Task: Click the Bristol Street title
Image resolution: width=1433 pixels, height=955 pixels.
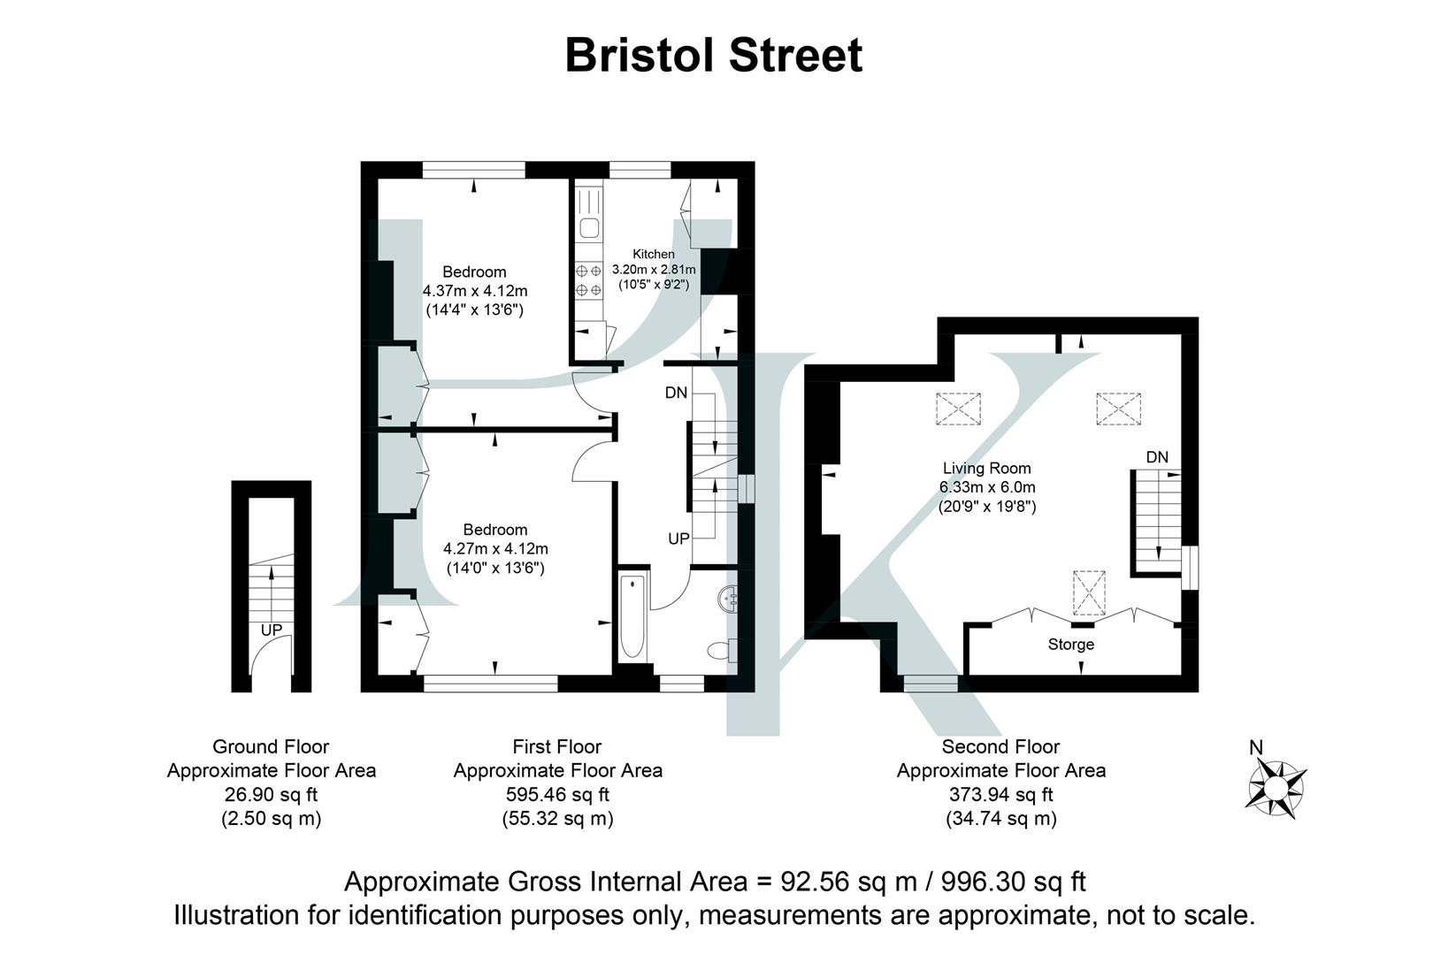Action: click(x=713, y=55)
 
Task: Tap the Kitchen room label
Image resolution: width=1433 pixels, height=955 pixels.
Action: click(x=653, y=254)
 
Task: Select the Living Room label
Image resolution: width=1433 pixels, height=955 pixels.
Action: click(x=986, y=469)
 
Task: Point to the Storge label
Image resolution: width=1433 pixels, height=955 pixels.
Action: click(x=1070, y=645)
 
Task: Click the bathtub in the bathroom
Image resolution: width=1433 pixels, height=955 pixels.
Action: click(x=632, y=616)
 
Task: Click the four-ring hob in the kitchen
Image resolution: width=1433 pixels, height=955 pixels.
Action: click(x=588, y=280)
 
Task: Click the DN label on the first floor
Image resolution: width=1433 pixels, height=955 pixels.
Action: click(x=676, y=393)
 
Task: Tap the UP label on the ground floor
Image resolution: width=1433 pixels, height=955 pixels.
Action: click(x=272, y=630)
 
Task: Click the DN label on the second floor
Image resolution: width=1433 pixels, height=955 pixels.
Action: click(x=1157, y=458)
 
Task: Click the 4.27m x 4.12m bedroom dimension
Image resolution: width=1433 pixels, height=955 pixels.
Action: click(x=495, y=549)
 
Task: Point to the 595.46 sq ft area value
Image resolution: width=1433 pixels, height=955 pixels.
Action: click(x=557, y=794)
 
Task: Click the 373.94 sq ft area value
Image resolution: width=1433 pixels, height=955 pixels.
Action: click(x=1000, y=794)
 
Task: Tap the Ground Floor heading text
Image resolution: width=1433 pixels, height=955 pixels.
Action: click(x=271, y=747)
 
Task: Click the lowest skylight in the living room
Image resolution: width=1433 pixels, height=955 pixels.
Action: click(x=1089, y=592)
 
